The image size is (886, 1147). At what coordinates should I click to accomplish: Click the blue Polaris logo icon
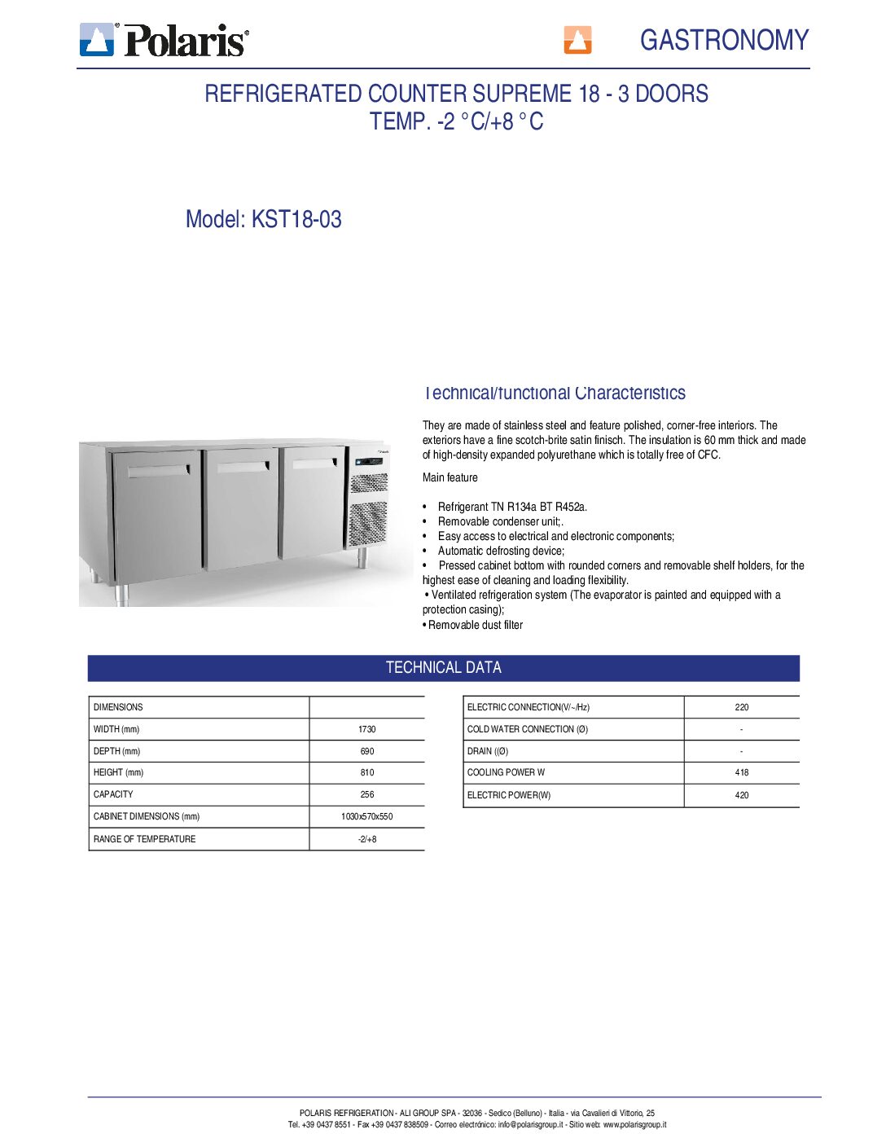[97, 39]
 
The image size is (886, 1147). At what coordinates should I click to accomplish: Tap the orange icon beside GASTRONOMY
[577, 39]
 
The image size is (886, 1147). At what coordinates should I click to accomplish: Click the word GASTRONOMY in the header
[724, 40]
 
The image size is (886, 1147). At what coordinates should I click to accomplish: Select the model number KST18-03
[296, 219]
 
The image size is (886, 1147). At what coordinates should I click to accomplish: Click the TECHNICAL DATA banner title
[443, 667]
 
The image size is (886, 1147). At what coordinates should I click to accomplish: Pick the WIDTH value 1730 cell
[366, 729]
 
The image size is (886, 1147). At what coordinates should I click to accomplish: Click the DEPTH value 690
[366, 751]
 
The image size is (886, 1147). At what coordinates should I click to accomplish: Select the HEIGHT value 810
[366, 772]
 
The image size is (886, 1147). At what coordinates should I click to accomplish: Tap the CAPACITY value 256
[366, 794]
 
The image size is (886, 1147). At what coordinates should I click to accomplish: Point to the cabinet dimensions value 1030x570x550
[366, 816]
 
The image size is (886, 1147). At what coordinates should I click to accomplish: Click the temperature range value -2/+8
[366, 839]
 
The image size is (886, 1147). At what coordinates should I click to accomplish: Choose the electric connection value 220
[741, 707]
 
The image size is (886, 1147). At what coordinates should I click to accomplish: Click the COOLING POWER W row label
[506, 772]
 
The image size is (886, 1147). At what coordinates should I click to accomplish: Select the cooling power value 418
[741, 772]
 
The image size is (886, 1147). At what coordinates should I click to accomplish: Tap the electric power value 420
[741, 795]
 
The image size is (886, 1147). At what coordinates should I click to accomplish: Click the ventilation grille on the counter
[367, 513]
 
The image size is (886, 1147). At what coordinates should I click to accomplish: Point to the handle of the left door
[158, 471]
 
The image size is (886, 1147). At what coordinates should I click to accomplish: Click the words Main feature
[450, 477]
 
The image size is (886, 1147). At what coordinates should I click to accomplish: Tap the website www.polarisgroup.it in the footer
[634, 1124]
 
